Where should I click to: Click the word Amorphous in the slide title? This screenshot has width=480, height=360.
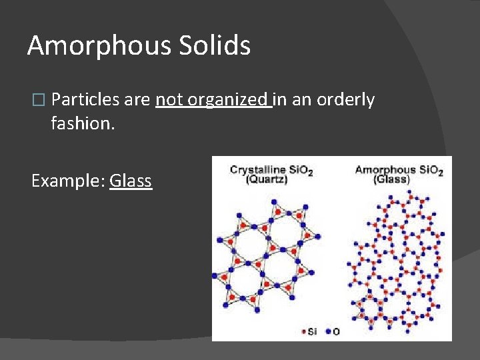[99, 45]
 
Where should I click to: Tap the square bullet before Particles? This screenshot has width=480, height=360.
[37, 100]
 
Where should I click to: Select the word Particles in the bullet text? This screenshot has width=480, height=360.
[85, 100]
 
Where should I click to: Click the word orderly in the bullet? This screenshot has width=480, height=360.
[345, 100]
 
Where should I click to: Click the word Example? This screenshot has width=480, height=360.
[67, 181]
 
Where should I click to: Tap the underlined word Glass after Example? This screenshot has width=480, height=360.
[131, 181]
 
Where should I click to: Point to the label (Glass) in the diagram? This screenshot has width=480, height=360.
[391, 180]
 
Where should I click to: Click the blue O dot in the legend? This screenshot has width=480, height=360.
[327, 331]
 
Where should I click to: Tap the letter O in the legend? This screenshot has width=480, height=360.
[336, 331]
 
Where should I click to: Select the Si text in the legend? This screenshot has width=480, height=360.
[313, 331]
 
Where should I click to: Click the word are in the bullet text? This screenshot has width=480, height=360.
[137, 100]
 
